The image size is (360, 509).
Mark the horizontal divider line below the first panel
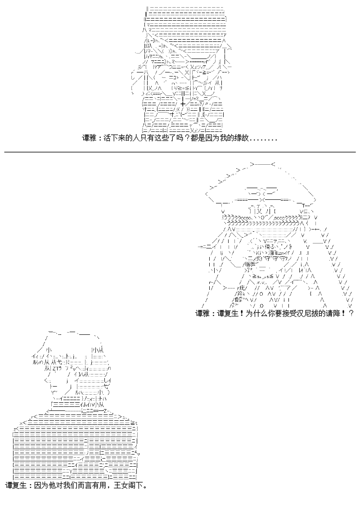click(180, 152)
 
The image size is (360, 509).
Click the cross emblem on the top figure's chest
click(183, 104)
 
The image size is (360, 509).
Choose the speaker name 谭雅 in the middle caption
click(202, 314)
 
